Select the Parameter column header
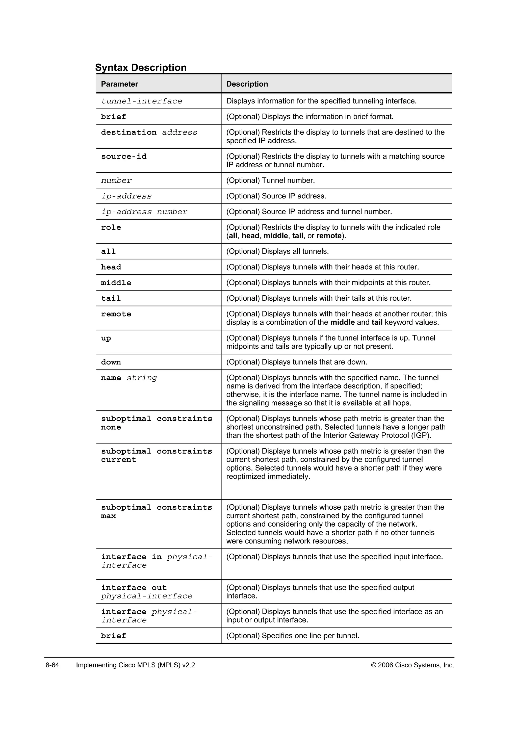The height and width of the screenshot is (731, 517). (119, 84)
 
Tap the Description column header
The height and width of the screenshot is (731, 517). (247, 84)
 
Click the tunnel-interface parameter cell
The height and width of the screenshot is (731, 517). (142, 101)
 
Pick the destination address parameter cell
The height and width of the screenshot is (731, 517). (149, 133)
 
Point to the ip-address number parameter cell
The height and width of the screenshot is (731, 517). (144, 212)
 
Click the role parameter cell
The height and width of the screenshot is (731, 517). (111, 227)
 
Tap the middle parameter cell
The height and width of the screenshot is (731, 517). (116, 283)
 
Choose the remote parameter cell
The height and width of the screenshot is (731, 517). (116, 314)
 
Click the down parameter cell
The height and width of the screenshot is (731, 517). (111, 362)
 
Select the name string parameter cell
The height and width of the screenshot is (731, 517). (129, 378)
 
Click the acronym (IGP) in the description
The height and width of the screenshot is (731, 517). (422, 435)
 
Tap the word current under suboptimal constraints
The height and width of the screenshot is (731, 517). (119, 460)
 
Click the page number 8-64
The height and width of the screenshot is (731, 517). (53, 665)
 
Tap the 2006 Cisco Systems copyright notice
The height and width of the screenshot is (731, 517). (412, 665)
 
